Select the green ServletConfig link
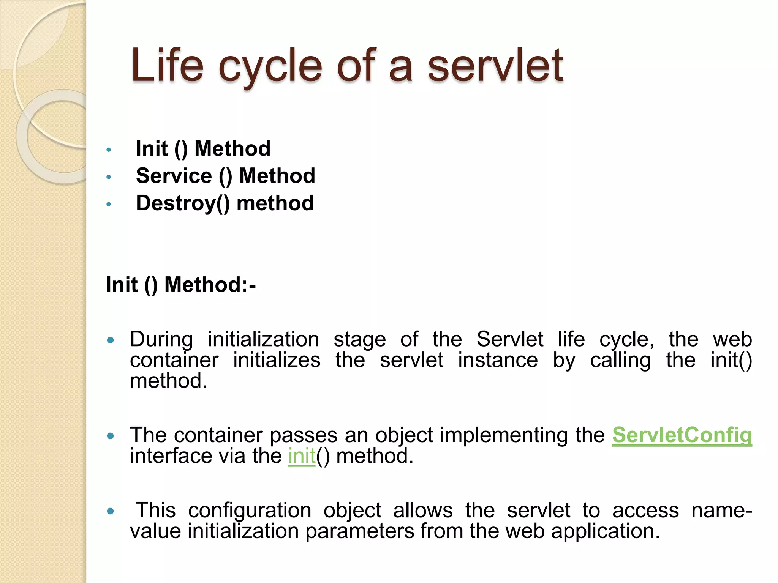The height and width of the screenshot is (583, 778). [x=682, y=435]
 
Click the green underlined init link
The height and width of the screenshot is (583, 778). [x=302, y=456]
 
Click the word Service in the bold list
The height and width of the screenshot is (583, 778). [x=174, y=176]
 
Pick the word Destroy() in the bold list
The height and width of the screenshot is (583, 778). [x=183, y=203]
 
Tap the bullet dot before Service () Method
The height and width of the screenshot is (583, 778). [x=109, y=177]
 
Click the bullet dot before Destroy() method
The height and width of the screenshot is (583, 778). [x=109, y=205]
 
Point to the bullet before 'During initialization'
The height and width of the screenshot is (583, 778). [x=111, y=340]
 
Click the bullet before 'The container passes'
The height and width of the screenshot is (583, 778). [x=111, y=436]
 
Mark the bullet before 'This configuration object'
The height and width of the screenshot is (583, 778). [x=111, y=511]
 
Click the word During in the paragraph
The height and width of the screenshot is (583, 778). [x=161, y=339]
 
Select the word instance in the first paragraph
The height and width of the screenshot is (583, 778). [x=498, y=360]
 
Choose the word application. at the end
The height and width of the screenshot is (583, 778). [x=606, y=531]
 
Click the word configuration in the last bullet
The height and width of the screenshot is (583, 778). [x=250, y=511]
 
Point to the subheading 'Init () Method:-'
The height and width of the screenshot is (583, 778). [x=181, y=285]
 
